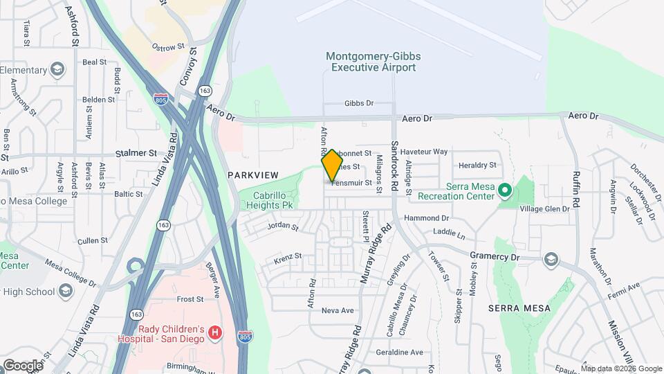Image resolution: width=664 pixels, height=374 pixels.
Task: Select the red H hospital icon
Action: pyautogui.click(x=215, y=333)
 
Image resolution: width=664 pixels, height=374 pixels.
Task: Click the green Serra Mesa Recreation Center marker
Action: pyautogui.click(x=505, y=189)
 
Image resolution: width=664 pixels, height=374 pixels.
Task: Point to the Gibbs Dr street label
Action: pyautogui.click(x=359, y=104)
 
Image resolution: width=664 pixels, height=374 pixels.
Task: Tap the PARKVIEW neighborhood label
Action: pyautogui.click(x=253, y=176)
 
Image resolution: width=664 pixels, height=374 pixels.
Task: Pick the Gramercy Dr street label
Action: pyautogui.click(x=495, y=256)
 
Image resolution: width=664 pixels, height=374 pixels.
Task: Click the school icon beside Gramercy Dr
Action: pyautogui.click(x=551, y=260)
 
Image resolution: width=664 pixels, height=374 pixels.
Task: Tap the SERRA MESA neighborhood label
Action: pyautogui.click(x=519, y=308)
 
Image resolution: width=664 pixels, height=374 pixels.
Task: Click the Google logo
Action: pyautogui.click(x=23, y=365)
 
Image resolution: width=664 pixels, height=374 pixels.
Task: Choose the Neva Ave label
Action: pyautogui.click(x=338, y=310)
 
